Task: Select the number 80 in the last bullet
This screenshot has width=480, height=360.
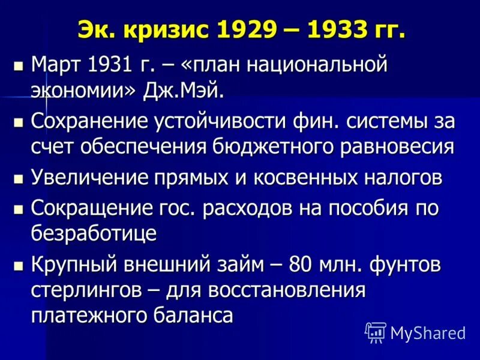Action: pyautogui.click(x=301, y=265)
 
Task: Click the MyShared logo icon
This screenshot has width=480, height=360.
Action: pyautogui.click(x=376, y=331)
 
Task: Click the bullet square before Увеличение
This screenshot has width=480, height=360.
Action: pyautogui.click(x=18, y=179)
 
